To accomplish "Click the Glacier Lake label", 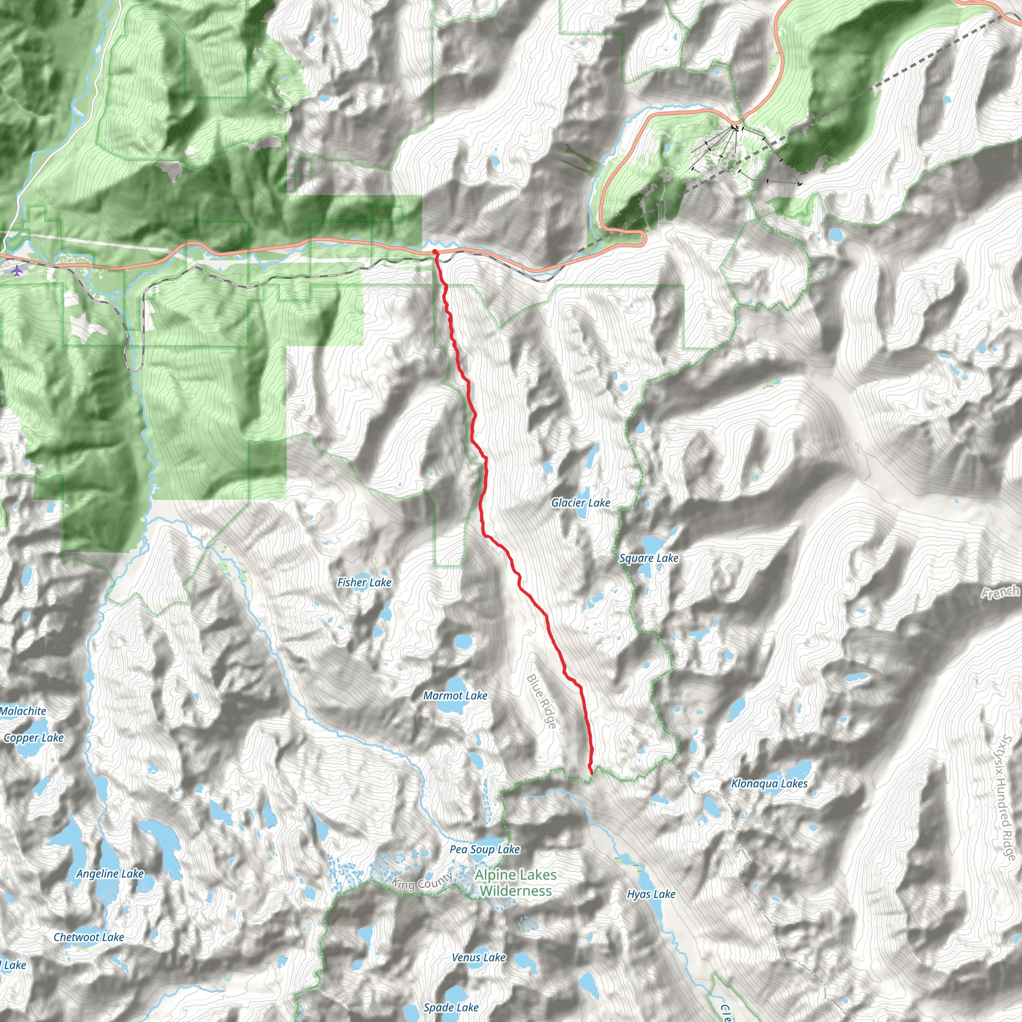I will tap(580, 503).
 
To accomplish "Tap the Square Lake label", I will tap(649, 558).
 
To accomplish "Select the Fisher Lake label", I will tap(364, 582).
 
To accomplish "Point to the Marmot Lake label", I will tap(455, 696).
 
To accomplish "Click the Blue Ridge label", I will tap(541, 702).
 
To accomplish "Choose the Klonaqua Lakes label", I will tap(769, 783).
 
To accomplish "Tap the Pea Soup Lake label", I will tap(485, 849).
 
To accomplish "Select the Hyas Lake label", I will tap(651, 894).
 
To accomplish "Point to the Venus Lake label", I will tap(479, 958).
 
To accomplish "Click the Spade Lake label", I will tap(451, 1008).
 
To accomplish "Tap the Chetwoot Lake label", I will tap(89, 937).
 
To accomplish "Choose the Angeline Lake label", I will tap(110, 873).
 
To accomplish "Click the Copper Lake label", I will tap(34, 738).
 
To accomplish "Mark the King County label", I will tap(422, 882).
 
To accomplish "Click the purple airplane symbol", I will tap(17, 271).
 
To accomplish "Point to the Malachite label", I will tap(23, 711).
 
